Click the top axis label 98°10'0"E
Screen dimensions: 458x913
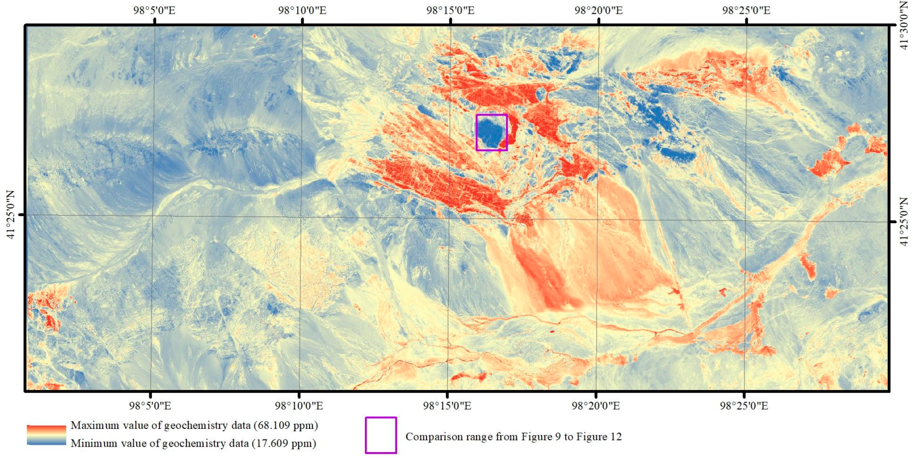pyautogui.click(x=302, y=10)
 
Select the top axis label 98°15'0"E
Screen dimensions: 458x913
pyautogui.click(x=451, y=10)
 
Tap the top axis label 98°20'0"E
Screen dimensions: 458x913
pyautogui.click(x=599, y=10)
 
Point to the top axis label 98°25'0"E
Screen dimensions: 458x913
pyautogui.click(x=747, y=10)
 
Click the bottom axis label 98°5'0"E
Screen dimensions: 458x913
pyautogui.click(x=150, y=406)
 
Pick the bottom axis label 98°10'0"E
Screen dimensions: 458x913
pyautogui.click(x=299, y=406)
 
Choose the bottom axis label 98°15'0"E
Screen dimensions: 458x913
pyautogui.click(x=447, y=406)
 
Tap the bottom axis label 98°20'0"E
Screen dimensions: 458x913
pyautogui.click(x=596, y=406)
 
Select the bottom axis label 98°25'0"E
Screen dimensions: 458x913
pyautogui.click(x=744, y=406)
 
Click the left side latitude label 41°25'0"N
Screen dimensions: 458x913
pyautogui.click(x=11, y=215)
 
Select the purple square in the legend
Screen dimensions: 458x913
pyautogui.click(x=381, y=435)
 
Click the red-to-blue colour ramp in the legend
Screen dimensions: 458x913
pyautogui.click(x=46, y=434)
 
